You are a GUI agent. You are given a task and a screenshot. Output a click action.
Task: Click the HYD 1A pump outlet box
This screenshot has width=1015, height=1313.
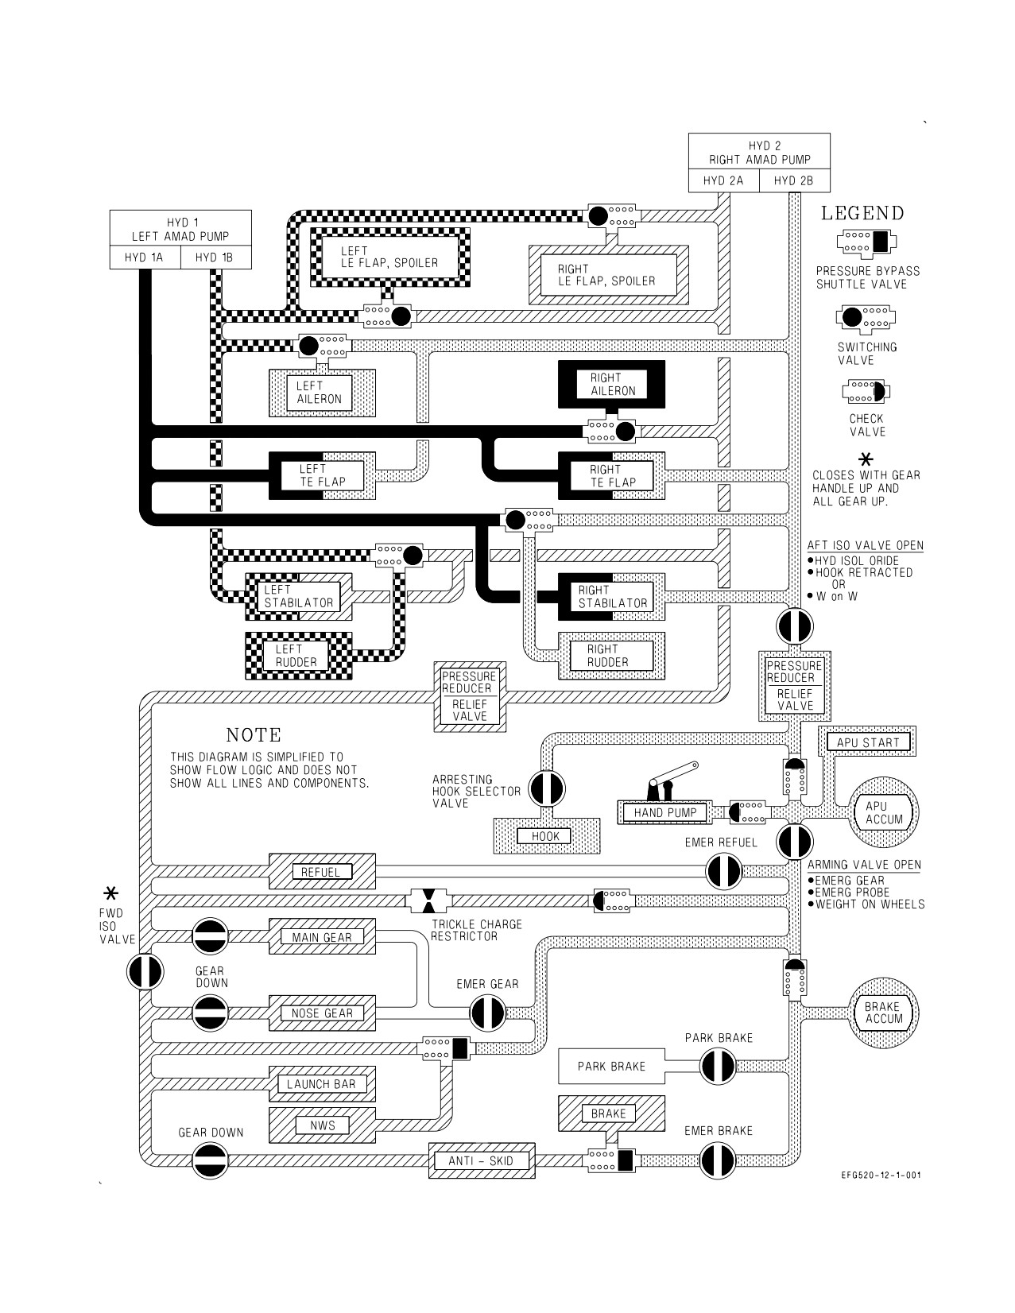[145, 258]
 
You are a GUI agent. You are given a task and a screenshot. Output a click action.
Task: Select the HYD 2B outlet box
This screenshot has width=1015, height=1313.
[795, 180]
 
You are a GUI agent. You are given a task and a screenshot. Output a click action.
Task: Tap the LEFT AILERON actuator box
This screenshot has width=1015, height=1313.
[322, 393]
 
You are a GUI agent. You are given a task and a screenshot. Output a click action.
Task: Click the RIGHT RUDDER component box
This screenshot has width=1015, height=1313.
[611, 656]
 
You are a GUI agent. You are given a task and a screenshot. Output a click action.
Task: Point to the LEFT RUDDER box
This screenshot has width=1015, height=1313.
[298, 656]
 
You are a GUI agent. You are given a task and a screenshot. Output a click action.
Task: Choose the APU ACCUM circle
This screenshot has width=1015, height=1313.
[884, 813]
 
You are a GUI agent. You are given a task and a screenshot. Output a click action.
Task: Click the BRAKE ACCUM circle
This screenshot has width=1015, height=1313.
[884, 1013]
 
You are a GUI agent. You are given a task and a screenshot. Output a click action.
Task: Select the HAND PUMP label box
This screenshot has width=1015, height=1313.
[665, 813]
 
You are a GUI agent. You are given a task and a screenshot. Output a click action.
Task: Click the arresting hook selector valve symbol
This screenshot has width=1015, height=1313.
[547, 788]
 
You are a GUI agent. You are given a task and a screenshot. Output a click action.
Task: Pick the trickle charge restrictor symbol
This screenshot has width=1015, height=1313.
[428, 901]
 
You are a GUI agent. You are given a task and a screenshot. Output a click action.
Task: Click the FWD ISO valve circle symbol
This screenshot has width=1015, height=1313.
[145, 971]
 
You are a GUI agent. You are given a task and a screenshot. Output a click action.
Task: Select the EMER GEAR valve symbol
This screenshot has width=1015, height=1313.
[487, 1013]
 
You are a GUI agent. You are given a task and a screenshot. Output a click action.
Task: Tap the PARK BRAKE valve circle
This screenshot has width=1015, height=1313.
[718, 1067]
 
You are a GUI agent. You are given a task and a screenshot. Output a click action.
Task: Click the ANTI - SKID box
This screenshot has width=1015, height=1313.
[482, 1160]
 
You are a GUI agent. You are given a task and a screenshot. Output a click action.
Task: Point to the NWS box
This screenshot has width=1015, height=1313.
[322, 1125]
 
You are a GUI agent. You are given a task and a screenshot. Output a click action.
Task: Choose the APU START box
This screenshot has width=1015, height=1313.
[868, 742]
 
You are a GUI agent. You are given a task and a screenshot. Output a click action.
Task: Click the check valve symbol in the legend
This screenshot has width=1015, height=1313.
[866, 392]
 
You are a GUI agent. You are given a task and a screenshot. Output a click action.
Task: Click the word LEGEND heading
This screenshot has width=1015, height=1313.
[862, 213]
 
